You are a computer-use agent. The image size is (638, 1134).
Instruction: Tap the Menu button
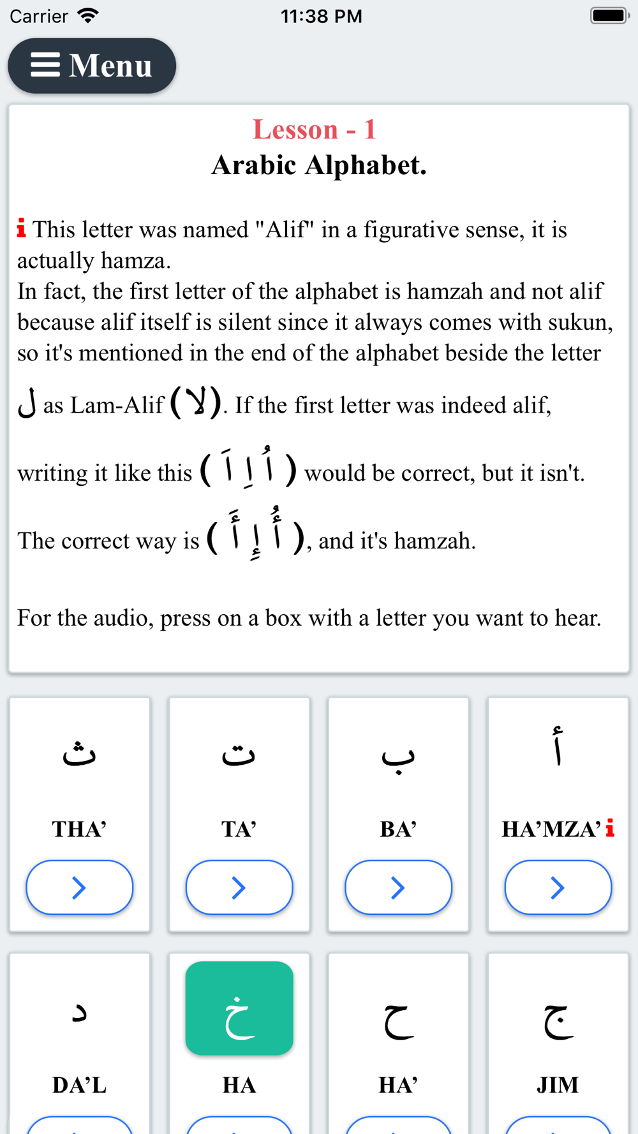click(92, 66)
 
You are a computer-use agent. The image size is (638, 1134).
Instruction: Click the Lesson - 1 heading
click(315, 129)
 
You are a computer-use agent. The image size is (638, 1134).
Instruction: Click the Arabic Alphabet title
click(319, 165)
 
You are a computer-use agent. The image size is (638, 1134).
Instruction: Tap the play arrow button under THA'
click(79, 887)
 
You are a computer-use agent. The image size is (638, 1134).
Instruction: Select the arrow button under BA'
click(398, 887)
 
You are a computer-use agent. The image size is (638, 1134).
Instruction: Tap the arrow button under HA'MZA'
click(558, 887)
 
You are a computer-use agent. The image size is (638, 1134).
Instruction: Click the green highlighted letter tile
click(239, 1008)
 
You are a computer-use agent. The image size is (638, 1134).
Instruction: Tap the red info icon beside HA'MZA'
click(610, 828)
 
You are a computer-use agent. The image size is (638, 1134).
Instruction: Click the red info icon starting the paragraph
click(22, 228)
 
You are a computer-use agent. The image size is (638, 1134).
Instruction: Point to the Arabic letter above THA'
click(79, 753)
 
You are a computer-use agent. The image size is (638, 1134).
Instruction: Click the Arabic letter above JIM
click(558, 1019)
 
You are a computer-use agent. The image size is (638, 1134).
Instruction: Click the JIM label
click(558, 1085)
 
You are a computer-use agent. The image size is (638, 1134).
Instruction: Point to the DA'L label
click(79, 1085)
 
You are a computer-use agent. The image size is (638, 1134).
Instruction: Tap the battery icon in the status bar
click(609, 15)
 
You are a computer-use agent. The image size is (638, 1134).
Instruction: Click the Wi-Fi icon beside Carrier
click(87, 15)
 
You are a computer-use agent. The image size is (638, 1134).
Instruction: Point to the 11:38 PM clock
click(321, 16)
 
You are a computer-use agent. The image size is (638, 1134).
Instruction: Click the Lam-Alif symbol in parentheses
click(196, 403)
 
